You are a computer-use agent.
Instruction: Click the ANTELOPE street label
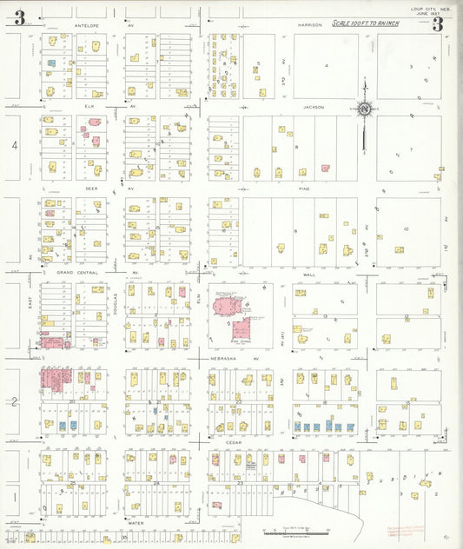click(x=90, y=26)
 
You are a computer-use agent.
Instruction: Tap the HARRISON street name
click(x=310, y=25)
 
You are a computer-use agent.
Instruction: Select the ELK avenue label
click(x=89, y=107)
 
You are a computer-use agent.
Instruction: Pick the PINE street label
click(x=303, y=188)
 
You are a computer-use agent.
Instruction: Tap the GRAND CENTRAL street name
click(x=77, y=272)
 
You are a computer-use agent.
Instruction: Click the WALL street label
click(x=308, y=272)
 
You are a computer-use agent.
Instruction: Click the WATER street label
click(x=135, y=524)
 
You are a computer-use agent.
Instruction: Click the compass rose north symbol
click(x=365, y=109)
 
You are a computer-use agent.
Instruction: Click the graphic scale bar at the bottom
click(x=295, y=530)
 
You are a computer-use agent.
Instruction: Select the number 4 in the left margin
click(x=14, y=146)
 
